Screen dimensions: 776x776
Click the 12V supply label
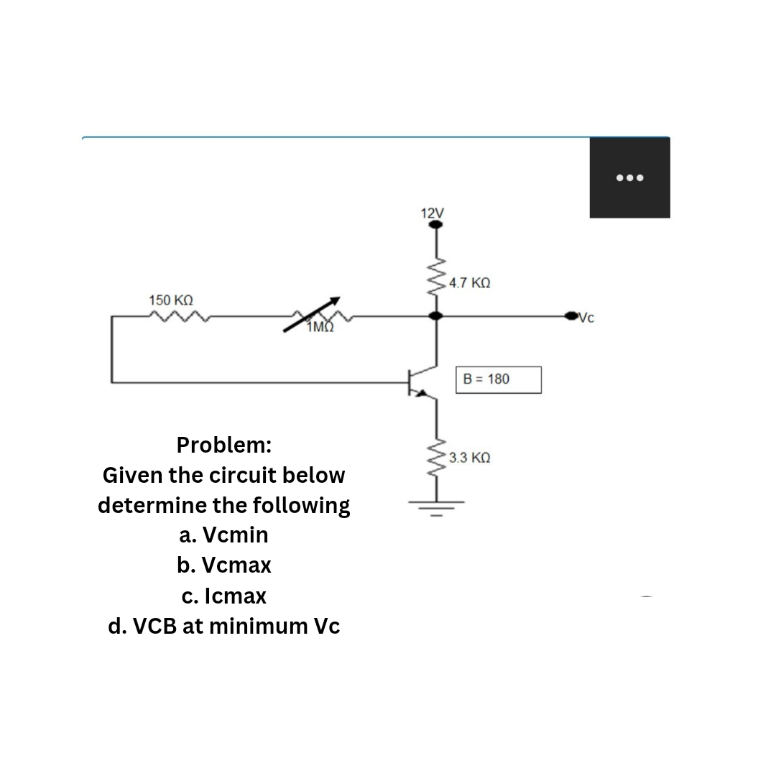coord(433,213)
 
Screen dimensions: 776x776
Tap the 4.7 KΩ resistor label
coord(469,284)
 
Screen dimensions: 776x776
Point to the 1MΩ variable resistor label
coord(320,328)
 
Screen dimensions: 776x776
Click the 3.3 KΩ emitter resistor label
coord(469,458)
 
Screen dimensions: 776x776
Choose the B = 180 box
coord(499,379)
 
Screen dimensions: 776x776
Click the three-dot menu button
coord(629,177)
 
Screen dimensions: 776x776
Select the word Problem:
coord(224,445)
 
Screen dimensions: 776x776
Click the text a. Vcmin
coord(224,535)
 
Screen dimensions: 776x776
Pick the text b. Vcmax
coord(224,565)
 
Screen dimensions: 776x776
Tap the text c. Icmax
coord(224,596)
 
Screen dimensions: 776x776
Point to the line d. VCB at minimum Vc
coord(224,627)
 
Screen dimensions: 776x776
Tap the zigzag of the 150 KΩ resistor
coord(177,315)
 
